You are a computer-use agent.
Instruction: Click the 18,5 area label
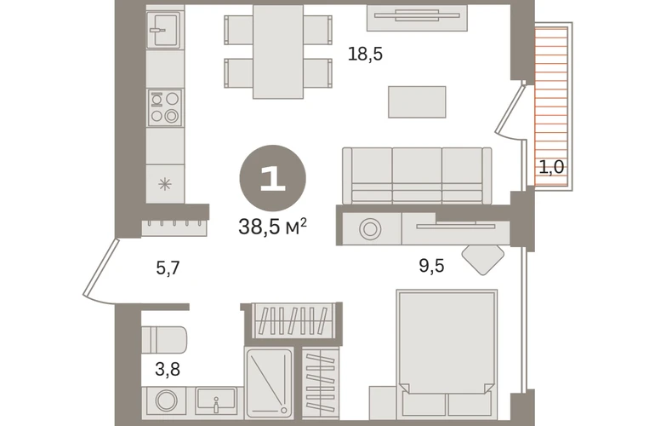click(365, 55)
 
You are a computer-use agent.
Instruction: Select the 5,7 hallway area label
click(168, 268)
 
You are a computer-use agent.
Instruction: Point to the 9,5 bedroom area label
click(431, 266)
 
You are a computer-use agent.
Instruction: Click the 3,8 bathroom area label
click(168, 370)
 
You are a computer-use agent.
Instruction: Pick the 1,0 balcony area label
click(551, 167)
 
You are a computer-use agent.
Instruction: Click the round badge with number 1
click(273, 178)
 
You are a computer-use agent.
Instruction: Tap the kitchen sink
click(165, 29)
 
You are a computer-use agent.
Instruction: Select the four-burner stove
click(165, 107)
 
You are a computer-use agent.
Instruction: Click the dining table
click(278, 51)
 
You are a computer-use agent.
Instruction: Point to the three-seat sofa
click(417, 176)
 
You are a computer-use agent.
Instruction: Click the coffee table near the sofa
click(417, 101)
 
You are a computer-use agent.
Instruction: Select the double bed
click(447, 354)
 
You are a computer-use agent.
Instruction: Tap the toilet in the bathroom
click(163, 340)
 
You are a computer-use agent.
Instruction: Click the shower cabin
click(270, 383)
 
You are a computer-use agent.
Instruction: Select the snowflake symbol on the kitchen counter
click(165, 184)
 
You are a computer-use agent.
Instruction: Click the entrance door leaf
click(100, 268)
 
